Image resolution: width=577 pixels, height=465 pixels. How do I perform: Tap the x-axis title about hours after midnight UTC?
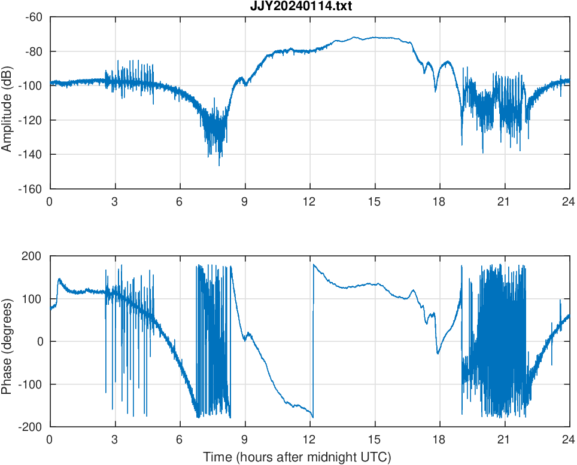click(x=297, y=457)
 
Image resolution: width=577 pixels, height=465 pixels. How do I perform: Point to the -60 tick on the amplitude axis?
click(x=34, y=17)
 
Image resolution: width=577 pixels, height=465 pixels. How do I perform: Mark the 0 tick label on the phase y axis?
click(x=40, y=341)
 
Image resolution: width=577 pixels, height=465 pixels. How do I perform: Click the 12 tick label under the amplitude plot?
click(x=309, y=202)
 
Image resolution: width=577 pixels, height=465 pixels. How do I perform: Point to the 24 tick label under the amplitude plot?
click(x=569, y=202)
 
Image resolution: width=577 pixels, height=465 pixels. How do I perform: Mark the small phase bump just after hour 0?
click(x=59, y=280)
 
